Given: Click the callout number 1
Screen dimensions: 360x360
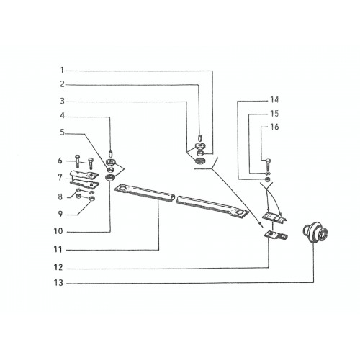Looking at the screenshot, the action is pos(62,71).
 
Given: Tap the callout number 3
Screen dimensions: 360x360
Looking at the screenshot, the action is pos(62,102).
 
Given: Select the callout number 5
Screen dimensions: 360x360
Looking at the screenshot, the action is pos(62,132).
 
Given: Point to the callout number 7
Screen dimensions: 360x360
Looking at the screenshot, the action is pos(60,178).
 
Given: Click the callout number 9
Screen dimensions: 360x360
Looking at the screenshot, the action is pos(60,214).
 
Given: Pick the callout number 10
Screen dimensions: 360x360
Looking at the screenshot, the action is pos(58,231).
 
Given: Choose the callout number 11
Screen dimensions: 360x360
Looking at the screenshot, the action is pos(58,250).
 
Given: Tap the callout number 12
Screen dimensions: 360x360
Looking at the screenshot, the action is pos(58,267).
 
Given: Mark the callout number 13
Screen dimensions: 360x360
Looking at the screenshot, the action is pos(58,283).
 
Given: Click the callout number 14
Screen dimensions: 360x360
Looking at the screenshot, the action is pos(274,99).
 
